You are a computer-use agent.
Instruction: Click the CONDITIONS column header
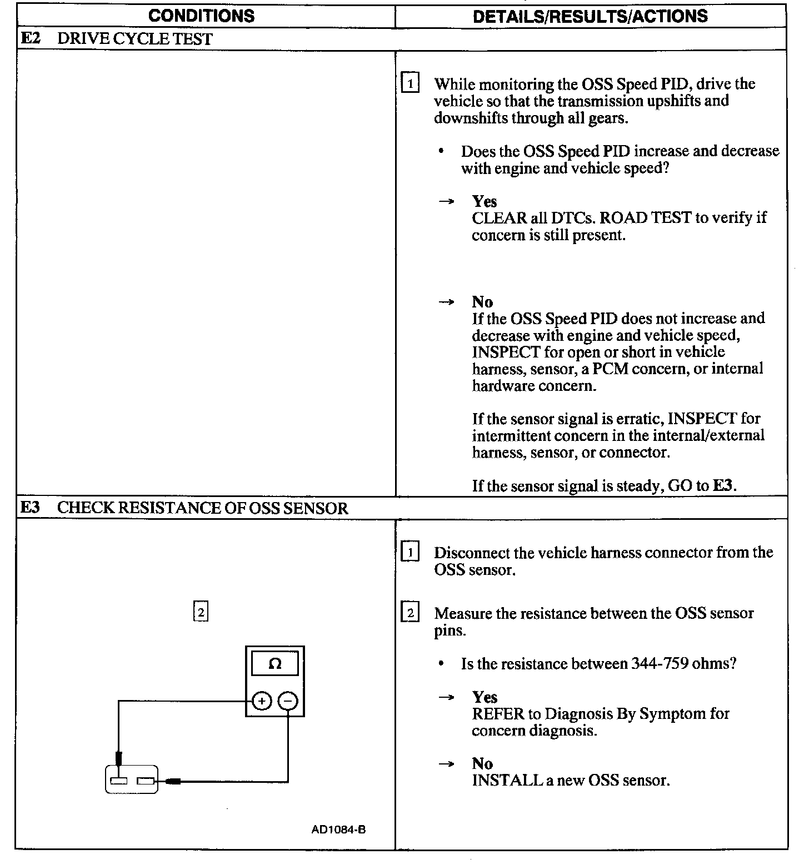pyautogui.click(x=201, y=16)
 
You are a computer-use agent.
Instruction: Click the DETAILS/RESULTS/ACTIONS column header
pyautogui.click(x=590, y=16)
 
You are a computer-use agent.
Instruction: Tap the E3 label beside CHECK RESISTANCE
pyautogui.click(x=31, y=507)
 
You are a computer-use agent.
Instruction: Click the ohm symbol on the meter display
pyautogui.click(x=274, y=664)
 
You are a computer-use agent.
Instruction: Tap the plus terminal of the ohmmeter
pyautogui.click(x=262, y=701)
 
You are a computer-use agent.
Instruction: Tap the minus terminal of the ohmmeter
pyautogui.click(x=288, y=701)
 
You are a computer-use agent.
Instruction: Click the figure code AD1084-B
pyautogui.click(x=338, y=830)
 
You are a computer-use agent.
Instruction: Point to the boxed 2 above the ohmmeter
pyautogui.click(x=201, y=613)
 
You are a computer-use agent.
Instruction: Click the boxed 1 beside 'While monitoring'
pyautogui.click(x=410, y=84)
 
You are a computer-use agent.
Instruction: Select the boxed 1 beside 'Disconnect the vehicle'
pyautogui.click(x=410, y=553)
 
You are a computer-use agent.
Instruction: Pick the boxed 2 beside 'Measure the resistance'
pyautogui.click(x=410, y=613)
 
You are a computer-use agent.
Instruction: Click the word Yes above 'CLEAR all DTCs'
pyautogui.click(x=485, y=201)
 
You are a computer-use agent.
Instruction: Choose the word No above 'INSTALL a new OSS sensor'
pyautogui.click(x=482, y=763)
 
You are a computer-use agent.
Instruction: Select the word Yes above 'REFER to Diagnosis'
pyautogui.click(x=485, y=697)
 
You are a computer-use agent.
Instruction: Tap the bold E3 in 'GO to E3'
pyautogui.click(x=723, y=485)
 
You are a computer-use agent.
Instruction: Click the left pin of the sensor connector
pyautogui.click(x=119, y=781)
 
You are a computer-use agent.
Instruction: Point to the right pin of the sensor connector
pyautogui.click(x=146, y=781)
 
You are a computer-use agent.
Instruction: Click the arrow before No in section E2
pyautogui.click(x=446, y=302)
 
